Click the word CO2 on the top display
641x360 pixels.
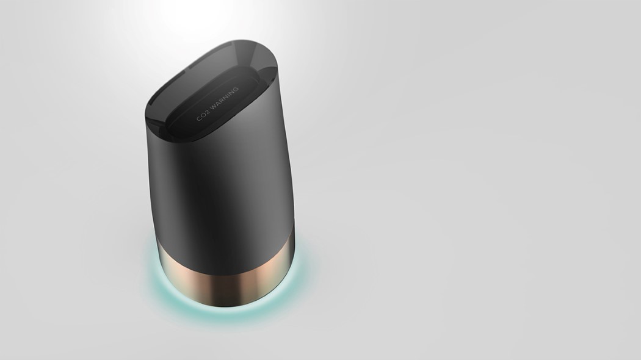pos(203,115)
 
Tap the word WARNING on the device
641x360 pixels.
pos(225,98)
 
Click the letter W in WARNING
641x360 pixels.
pos(214,107)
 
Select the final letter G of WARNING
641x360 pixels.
pos(236,89)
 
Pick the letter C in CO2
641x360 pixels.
pos(198,119)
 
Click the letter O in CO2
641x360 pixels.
pos(203,115)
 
